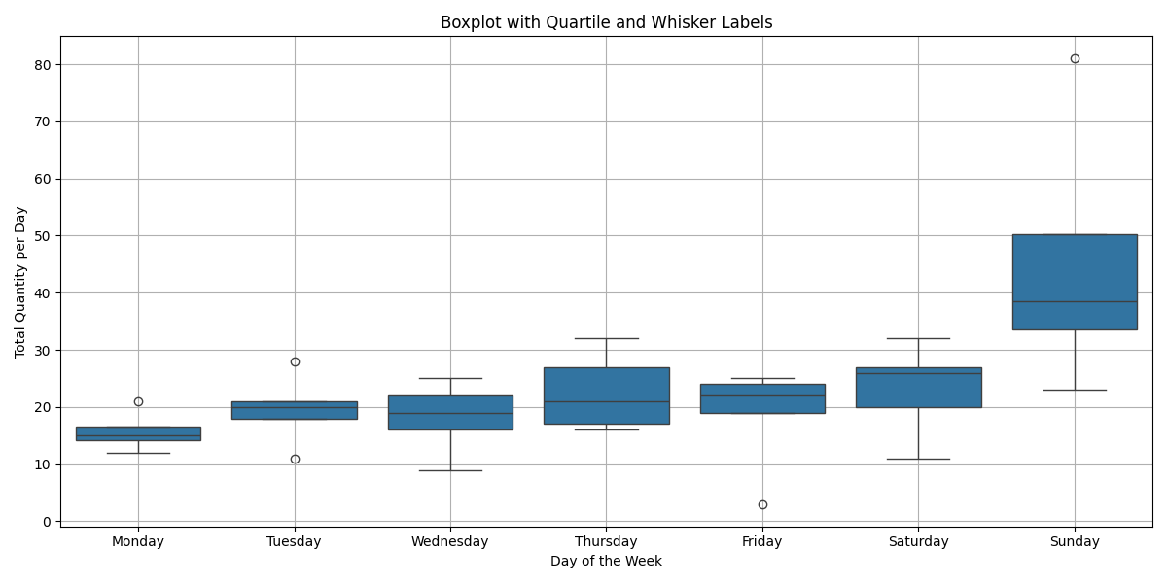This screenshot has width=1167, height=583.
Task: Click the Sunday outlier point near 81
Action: coord(1075,58)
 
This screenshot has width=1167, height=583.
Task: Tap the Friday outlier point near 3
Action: coord(762,504)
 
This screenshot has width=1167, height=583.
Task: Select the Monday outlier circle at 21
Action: coord(138,401)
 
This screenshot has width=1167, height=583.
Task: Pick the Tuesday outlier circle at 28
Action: coord(295,361)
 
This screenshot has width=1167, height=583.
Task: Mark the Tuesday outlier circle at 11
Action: coord(295,459)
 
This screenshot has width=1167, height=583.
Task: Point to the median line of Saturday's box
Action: coord(918,373)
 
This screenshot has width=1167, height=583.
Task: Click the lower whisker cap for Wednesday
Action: coord(450,470)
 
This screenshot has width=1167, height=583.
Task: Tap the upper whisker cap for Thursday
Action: coord(606,338)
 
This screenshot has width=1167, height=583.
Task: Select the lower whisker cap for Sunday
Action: coord(1075,390)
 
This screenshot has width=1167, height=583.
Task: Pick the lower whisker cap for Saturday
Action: coord(918,459)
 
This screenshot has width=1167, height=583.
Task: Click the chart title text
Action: coord(606,22)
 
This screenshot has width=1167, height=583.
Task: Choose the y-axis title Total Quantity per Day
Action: coord(20,282)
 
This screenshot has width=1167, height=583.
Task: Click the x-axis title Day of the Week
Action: coord(606,561)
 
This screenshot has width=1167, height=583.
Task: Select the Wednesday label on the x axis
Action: coord(450,541)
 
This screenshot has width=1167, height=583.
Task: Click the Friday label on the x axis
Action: coord(762,541)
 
